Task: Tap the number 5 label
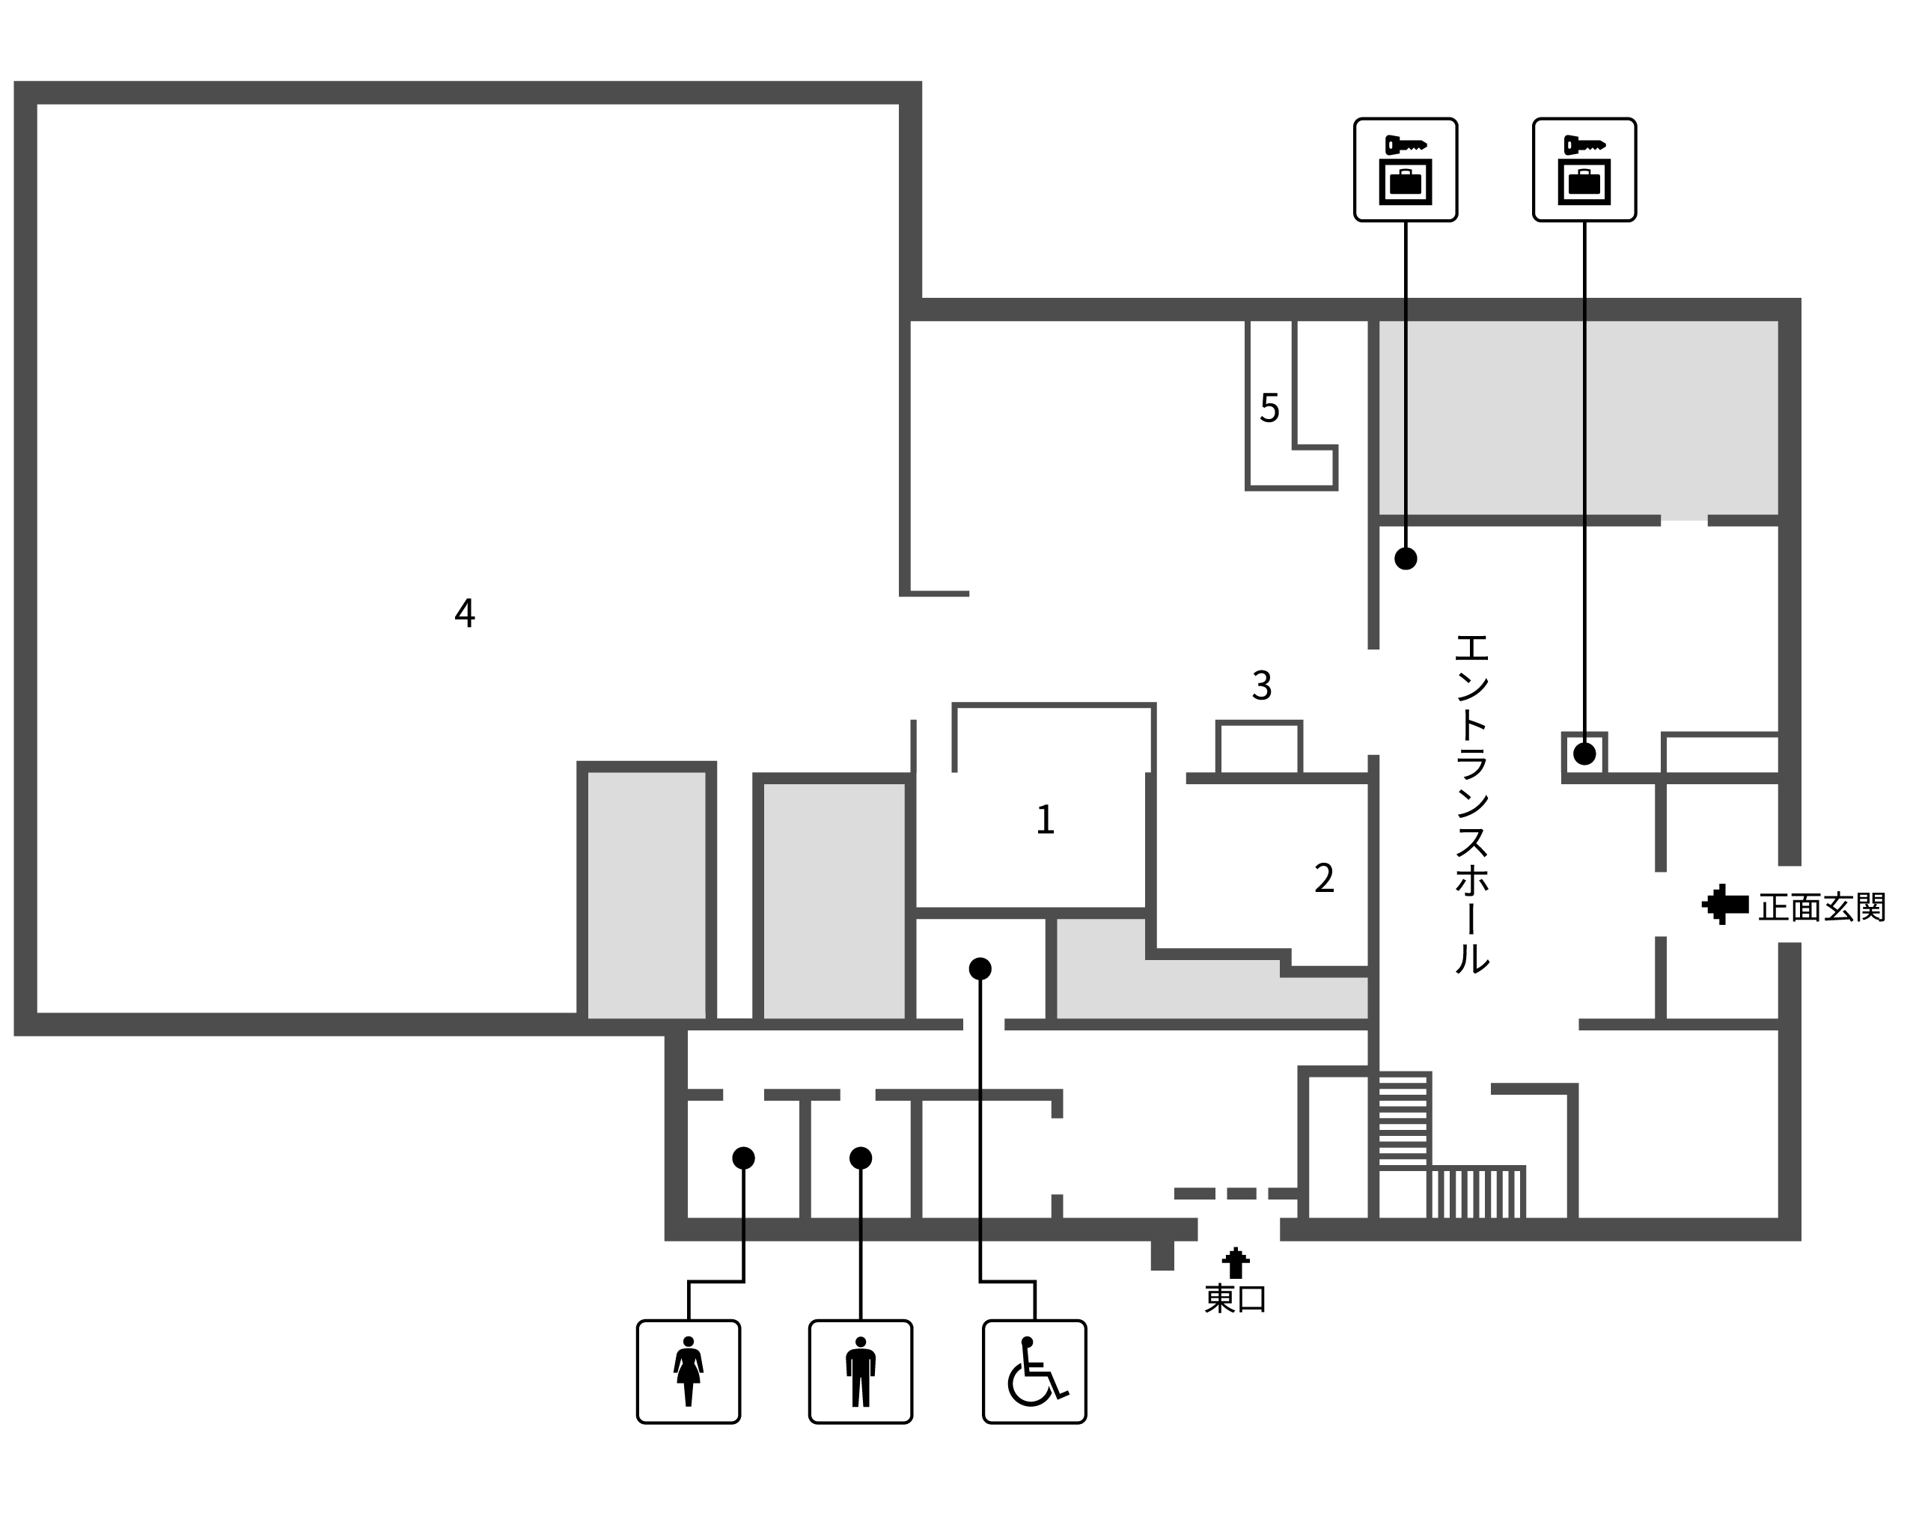coord(1269,408)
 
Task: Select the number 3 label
coord(1262,685)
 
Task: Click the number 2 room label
coord(1324,878)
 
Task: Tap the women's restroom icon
coord(689,1372)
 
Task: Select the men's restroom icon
coord(860,1372)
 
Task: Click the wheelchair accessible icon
coord(1034,1372)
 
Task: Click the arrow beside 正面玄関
coord(1725,905)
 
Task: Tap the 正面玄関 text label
coord(1822,908)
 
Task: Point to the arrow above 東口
coord(1235,1263)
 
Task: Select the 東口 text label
coord(1235,1299)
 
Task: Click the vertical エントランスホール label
coord(1471,804)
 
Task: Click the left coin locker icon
coord(1406,170)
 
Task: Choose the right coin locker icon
coord(1584,170)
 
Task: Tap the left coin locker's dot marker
coord(1406,558)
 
